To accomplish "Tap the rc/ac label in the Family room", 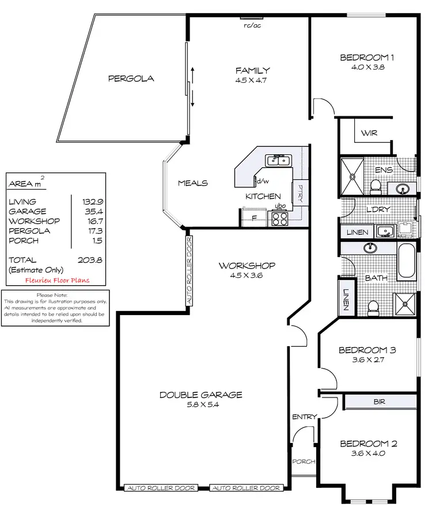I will tap(251, 25).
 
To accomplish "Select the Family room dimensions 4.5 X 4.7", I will tap(252, 81).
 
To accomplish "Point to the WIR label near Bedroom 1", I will tap(368, 133).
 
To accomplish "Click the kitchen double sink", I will tap(279, 160).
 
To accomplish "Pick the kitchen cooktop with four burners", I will tap(279, 218).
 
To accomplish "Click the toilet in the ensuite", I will tap(376, 185).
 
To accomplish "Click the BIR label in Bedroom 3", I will tap(379, 402).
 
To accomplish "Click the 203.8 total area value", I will tap(90, 260).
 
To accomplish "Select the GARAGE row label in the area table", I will tap(28, 211).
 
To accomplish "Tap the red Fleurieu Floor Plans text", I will tap(57, 281).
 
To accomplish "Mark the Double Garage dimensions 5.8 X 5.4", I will tap(200, 404).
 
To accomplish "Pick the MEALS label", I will tap(192, 183).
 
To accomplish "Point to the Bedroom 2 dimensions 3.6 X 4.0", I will tap(368, 453).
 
